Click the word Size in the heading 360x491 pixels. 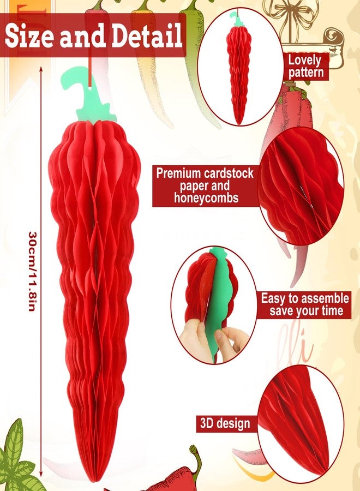[29, 35]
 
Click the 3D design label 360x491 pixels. [225, 423]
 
